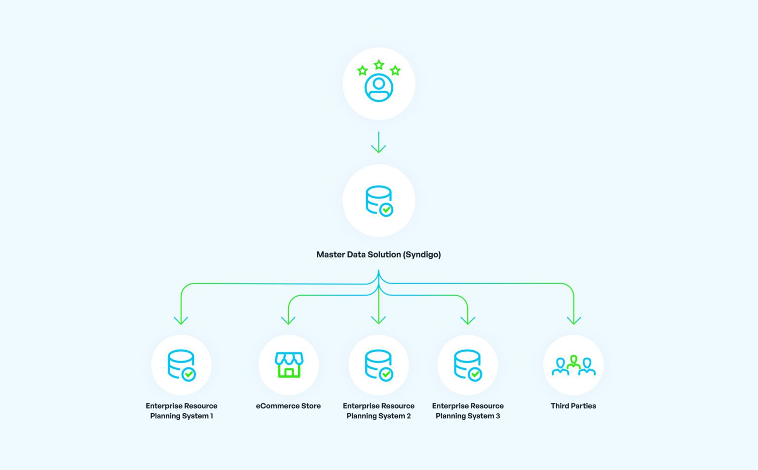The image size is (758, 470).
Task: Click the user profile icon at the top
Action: [x=379, y=88]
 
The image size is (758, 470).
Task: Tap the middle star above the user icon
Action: [x=379, y=65]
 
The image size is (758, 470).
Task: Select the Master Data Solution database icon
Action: [x=379, y=200]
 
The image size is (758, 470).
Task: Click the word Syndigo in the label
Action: [x=422, y=254]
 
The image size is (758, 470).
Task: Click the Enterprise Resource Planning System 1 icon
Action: [x=181, y=365]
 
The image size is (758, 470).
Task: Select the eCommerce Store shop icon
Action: [x=289, y=365]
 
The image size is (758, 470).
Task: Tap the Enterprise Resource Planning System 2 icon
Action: [x=379, y=365]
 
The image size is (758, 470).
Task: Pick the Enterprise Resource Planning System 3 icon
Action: [x=468, y=365]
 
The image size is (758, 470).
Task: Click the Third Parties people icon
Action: [x=573, y=365]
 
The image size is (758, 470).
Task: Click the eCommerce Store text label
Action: [x=288, y=406]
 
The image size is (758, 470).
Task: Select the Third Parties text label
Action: [x=573, y=406]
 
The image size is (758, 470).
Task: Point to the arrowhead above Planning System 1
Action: [x=181, y=321]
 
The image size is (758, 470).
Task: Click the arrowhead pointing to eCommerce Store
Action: [x=288, y=321]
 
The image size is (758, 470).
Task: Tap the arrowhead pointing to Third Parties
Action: [x=574, y=321]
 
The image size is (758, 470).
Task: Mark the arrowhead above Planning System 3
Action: [x=468, y=321]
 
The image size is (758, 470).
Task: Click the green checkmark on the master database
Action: [x=386, y=210]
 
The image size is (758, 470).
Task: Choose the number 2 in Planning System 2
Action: [x=409, y=416]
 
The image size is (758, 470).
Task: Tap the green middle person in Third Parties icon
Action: [x=573, y=362]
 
